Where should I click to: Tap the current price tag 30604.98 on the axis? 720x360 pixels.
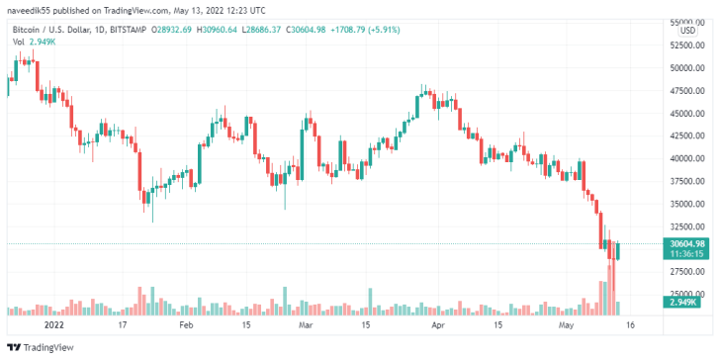686,243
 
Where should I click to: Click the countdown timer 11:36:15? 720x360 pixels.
686,253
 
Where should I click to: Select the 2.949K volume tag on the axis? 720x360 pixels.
686,303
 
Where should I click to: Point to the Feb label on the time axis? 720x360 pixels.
185,324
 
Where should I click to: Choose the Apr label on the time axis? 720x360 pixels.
438,324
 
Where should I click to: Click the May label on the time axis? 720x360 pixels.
567,324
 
